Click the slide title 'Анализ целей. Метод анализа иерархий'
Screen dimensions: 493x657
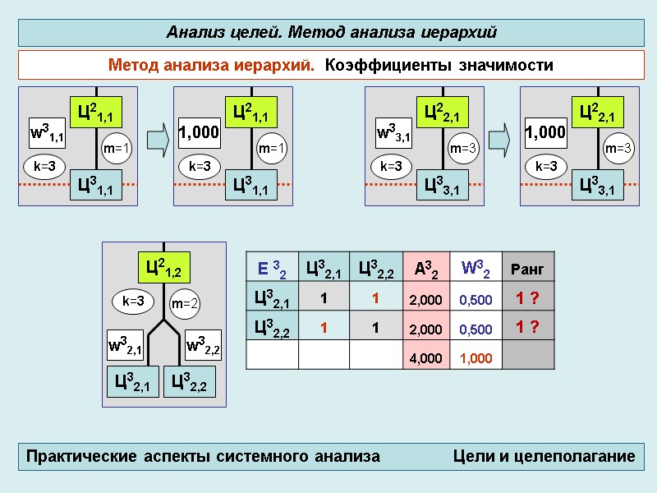[x=332, y=33]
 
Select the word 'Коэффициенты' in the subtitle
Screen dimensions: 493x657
[x=377, y=65]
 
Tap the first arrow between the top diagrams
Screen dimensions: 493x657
[x=162, y=137]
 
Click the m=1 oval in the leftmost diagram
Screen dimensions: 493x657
[x=116, y=149]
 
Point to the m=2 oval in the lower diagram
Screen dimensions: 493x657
[x=186, y=303]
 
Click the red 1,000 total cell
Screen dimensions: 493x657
[x=476, y=358]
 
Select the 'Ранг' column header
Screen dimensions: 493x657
[x=526, y=269]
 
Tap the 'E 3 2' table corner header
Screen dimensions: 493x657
[x=272, y=268]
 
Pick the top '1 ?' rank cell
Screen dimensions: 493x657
[x=526, y=299]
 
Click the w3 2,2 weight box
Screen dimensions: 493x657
[x=203, y=347]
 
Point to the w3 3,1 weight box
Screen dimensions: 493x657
[x=393, y=132]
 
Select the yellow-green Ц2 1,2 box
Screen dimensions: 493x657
[x=163, y=267]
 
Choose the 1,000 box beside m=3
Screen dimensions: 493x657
[x=545, y=132]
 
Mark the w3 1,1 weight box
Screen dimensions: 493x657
[x=47, y=132]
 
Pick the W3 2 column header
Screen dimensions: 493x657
[x=476, y=268]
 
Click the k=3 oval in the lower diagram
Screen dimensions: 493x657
[x=132, y=302]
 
